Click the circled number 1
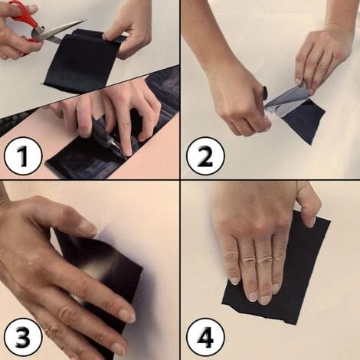point(23,155)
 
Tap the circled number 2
point(205,155)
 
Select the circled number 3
point(23,336)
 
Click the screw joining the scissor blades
point(44,34)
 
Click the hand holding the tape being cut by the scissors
point(128,28)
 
